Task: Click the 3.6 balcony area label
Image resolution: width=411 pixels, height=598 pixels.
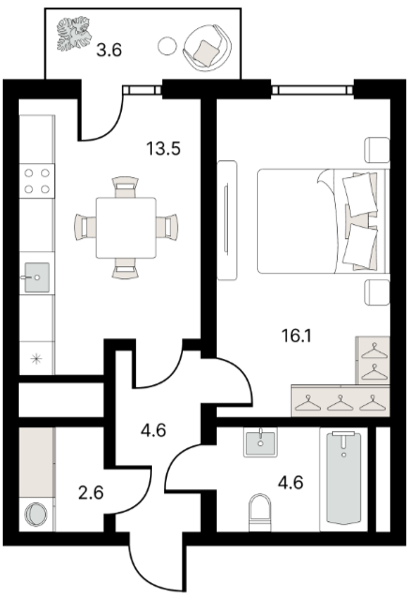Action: (109, 50)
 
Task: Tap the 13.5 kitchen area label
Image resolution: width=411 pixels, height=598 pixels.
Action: (163, 148)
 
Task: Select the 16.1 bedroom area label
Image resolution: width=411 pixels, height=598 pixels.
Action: (297, 336)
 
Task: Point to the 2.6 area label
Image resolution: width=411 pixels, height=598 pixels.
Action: (91, 493)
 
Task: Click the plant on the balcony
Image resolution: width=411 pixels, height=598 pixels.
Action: (74, 33)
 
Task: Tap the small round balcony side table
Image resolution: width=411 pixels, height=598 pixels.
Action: (167, 46)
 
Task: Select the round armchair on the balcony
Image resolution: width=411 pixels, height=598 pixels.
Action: (207, 47)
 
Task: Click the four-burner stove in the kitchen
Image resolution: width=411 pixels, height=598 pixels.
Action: (37, 181)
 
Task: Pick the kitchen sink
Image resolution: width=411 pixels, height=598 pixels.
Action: (37, 277)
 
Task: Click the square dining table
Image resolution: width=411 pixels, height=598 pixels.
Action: (126, 228)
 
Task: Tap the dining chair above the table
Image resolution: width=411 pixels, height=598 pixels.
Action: (126, 187)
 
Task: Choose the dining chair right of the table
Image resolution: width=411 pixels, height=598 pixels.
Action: (167, 228)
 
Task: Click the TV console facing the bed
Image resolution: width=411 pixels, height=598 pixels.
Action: (227, 220)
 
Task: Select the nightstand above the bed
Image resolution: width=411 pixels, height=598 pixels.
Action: (377, 150)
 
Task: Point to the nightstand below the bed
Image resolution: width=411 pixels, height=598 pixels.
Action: (377, 292)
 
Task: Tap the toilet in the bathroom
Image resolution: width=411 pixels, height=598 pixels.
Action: (260, 512)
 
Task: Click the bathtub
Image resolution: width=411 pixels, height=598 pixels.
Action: (343, 479)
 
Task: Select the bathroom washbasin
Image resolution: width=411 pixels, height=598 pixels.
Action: (261, 442)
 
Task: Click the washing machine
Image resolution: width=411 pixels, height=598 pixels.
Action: (37, 514)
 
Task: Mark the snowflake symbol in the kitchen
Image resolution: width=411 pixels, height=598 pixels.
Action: (37, 358)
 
